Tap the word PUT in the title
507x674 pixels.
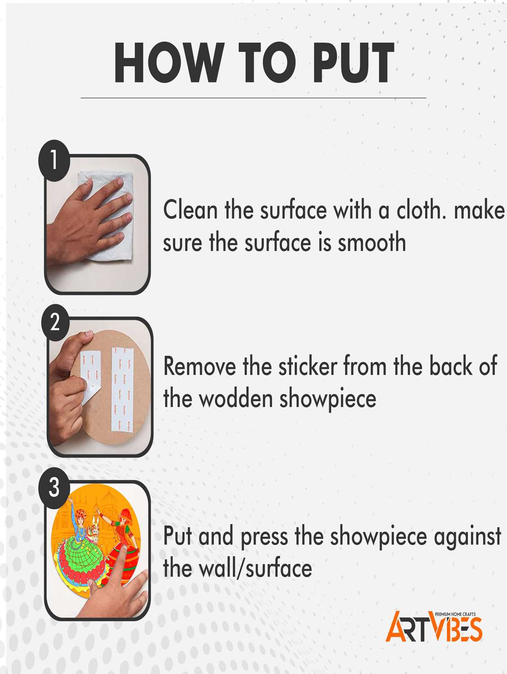coord(354,62)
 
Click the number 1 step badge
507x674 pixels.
coord(54,160)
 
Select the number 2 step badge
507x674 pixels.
coord(55,323)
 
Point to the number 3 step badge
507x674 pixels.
coord(54,487)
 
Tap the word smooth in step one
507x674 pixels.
coord(372,242)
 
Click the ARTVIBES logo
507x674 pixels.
coord(434,626)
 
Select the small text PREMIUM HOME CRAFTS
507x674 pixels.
coord(455,614)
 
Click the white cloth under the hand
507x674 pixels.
coord(107,215)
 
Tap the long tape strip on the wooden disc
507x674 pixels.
coord(122,390)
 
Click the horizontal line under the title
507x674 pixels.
coord(253,98)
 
